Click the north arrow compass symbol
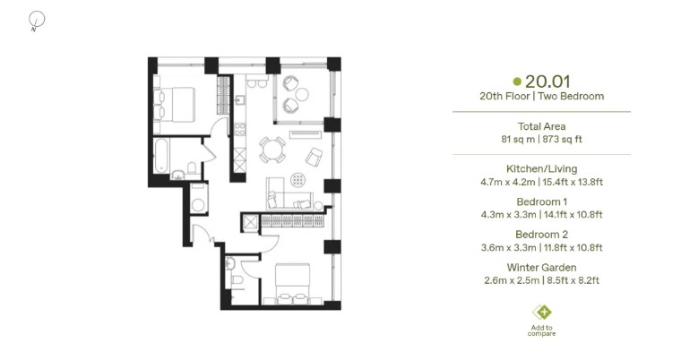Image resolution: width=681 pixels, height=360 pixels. pos(37,21)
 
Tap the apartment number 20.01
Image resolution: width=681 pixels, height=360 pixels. pos(547,81)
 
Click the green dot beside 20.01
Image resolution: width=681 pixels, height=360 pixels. pos(517,81)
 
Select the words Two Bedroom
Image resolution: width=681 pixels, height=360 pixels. pos(571,96)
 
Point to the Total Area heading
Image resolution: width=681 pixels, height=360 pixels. pos(541,126)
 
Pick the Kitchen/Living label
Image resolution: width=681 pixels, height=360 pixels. pos(541,168)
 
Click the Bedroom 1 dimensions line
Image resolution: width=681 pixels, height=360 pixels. pos(541,215)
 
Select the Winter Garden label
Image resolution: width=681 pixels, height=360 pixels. pos(541,268)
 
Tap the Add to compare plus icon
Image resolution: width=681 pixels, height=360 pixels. pos(542,312)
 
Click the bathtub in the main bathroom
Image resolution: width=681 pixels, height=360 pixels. pos(160,156)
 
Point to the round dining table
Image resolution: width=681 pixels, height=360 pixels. pos(272,150)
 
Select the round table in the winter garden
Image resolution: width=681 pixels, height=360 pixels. pos(302,94)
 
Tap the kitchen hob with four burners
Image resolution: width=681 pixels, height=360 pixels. pos(240,129)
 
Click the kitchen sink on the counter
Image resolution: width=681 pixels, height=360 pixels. pos(240,100)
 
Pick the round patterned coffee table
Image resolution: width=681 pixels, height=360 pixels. pos(297,179)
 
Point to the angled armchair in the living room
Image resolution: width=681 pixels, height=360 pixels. pos(314,157)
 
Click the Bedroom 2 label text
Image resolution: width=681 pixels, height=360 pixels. pos(541,235)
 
